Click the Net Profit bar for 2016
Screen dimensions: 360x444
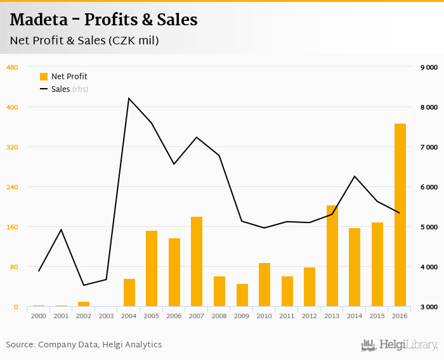[x=400, y=215]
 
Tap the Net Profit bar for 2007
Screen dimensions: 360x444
[x=197, y=262]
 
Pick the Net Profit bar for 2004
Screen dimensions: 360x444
[x=129, y=293]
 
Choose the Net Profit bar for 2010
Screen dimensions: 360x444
[x=264, y=285]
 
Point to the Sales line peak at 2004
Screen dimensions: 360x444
[x=129, y=98]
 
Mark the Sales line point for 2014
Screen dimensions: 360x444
[x=355, y=176]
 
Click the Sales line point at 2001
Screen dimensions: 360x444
[x=61, y=229]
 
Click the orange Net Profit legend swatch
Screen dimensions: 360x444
[x=44, y=77]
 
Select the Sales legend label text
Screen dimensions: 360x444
[x=61, y=89]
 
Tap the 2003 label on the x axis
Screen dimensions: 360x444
[x=106, y=315]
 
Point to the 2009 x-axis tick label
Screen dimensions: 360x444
[x=242, y=315]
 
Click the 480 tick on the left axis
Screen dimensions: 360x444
[x=11, y=67]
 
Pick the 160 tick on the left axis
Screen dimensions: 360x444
[x=11, y=227]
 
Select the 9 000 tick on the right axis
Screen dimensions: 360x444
[x=429, y=67]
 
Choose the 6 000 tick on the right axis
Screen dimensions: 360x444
[x=429, y=187]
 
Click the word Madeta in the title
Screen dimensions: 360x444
[x=41, y=20]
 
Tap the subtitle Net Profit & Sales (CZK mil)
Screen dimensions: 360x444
[x=84, y=41]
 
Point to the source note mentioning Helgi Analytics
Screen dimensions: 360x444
[x=84, y=345]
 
